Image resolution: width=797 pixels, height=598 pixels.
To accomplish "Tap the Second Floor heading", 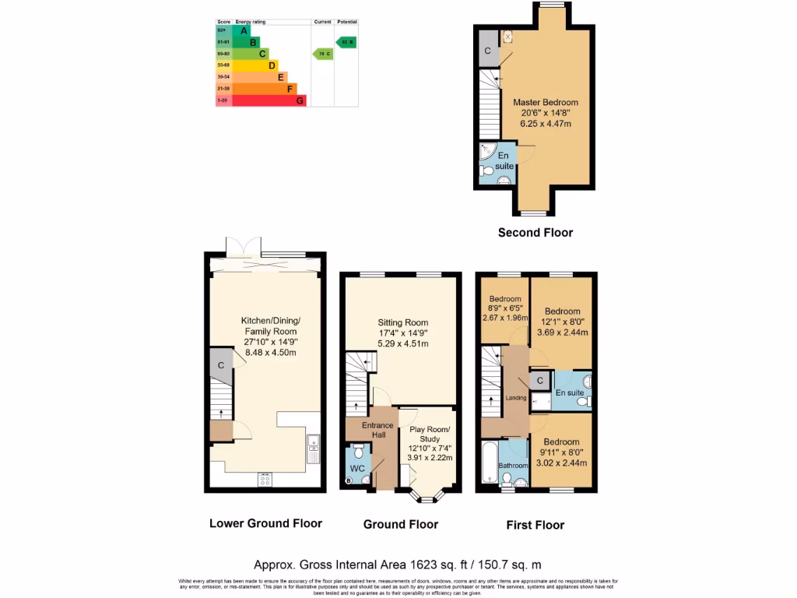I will coord(535,232).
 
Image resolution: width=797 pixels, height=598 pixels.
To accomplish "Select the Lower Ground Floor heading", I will coord(265,523).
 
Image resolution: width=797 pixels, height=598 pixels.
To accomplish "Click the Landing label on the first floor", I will coord(515,398).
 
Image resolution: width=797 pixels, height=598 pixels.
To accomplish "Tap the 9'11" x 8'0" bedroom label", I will coord(561,452).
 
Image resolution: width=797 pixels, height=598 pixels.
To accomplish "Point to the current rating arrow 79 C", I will coord(321,54).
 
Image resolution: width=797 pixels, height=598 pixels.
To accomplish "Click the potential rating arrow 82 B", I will coord(346,42).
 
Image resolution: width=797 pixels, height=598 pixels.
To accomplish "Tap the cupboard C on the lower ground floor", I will coord(221,365).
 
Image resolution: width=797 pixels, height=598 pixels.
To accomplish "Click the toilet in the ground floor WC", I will coord(359,452).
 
